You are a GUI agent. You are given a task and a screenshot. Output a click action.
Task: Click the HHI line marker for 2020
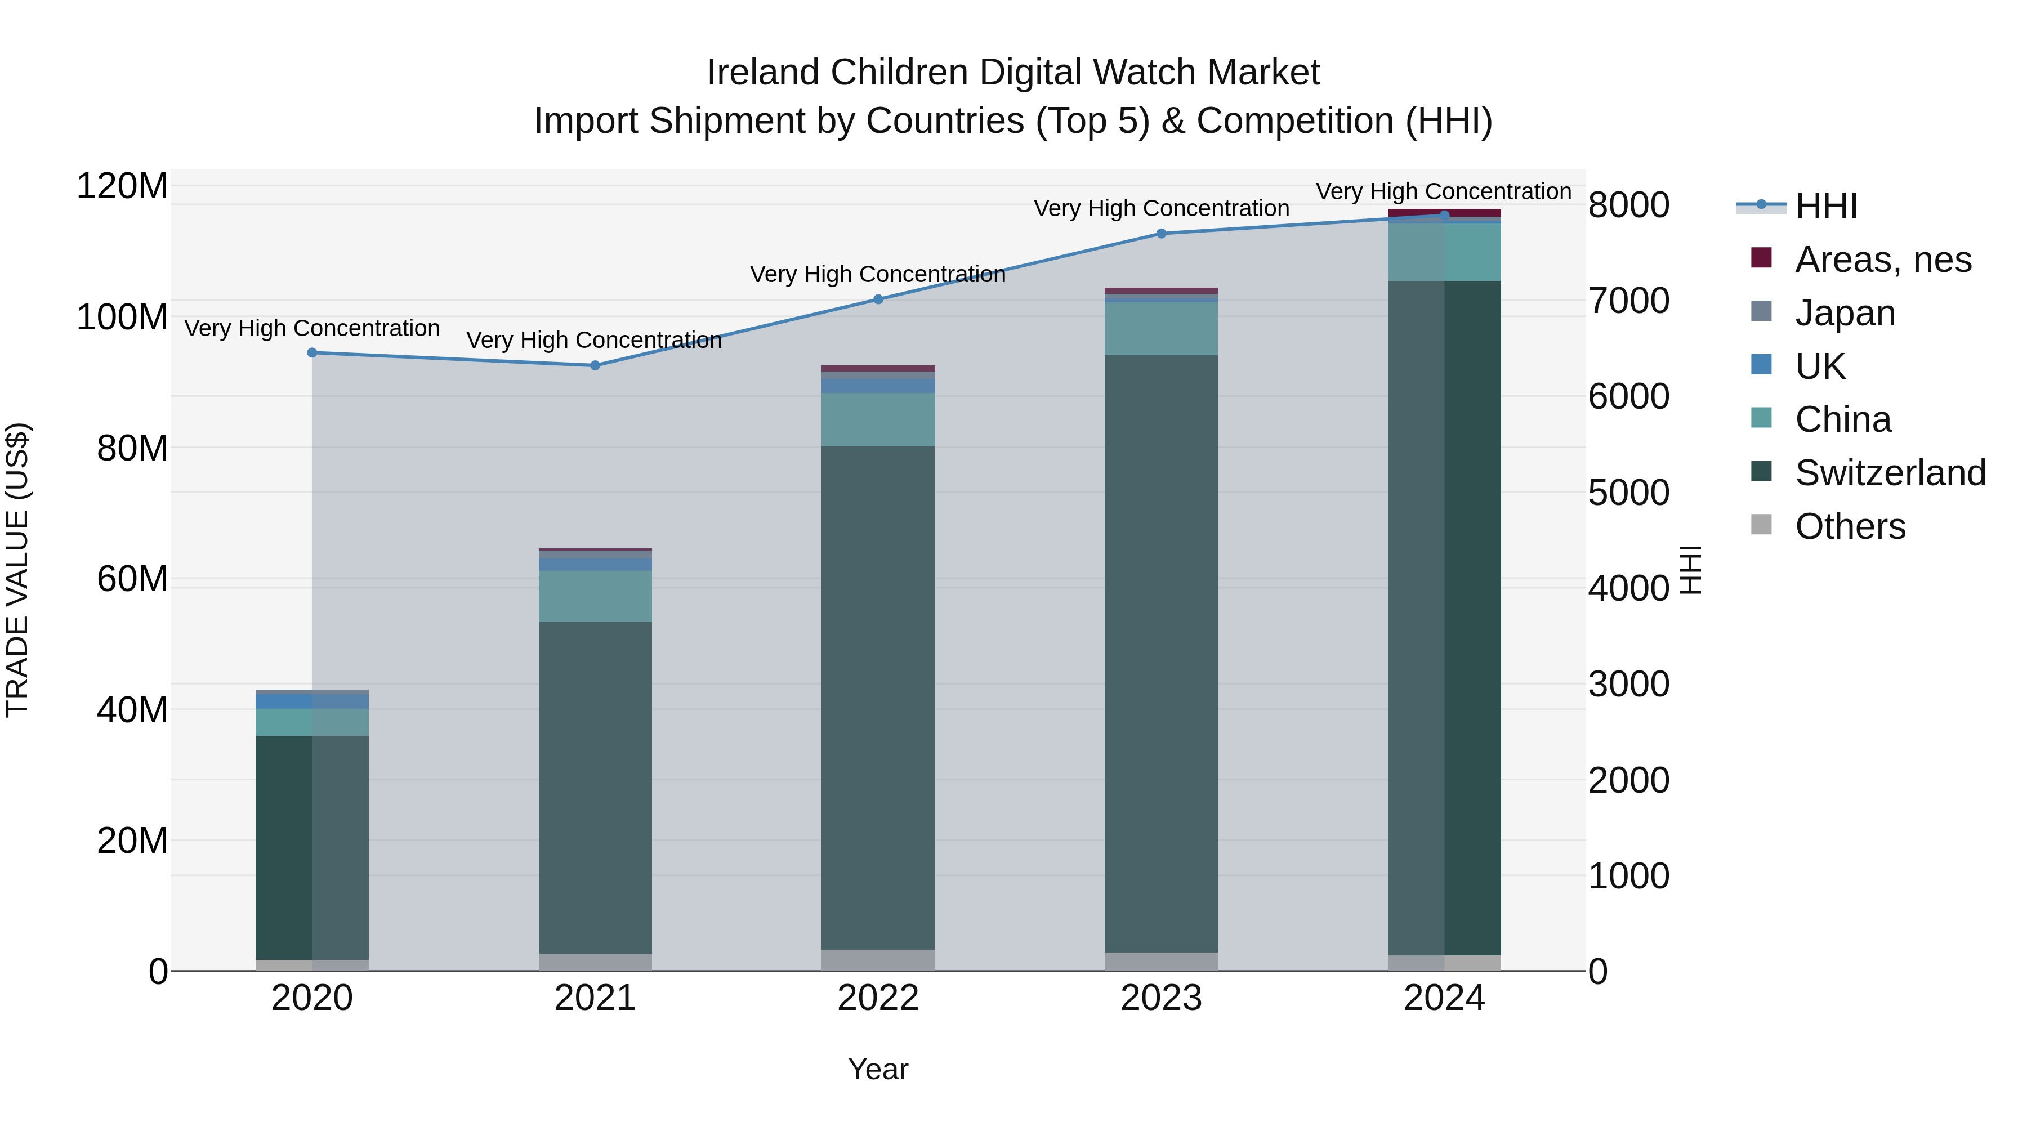click(x=312, y=353)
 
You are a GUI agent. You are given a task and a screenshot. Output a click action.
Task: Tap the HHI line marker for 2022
click(x=878, y=299)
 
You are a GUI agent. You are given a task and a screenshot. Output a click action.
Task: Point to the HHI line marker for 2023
click(x=1162, y=234)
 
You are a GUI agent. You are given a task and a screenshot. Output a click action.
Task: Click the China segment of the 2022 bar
click(x=878, y=419)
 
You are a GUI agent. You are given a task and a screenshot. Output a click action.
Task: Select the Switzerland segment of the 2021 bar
click(x=595, y=787)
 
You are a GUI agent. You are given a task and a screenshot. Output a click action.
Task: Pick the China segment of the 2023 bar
click(x=1162, y=329)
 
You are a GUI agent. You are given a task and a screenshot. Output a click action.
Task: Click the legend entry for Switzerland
click(x=1888, y=473)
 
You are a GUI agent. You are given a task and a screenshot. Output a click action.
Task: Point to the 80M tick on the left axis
click(x=132, y=449)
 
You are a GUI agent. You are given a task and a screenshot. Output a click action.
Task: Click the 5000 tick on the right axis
click(x=1628, y=493)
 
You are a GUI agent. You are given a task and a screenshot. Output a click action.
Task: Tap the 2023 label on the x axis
click(x=1162, y=998)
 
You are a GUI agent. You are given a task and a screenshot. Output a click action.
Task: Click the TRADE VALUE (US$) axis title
click(x=17, y=570)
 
